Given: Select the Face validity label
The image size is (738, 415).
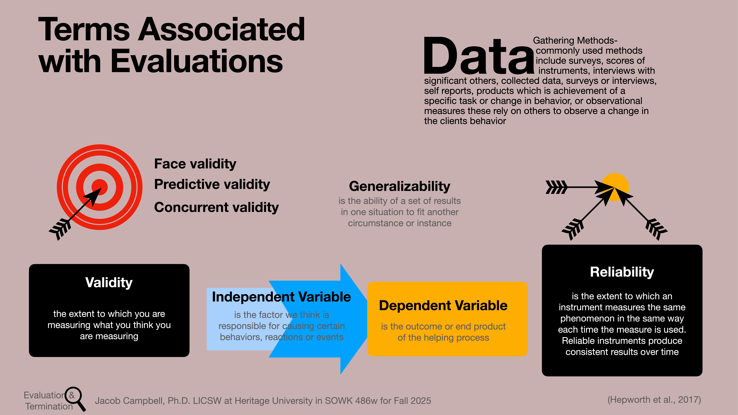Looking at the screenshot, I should tap(195, 164).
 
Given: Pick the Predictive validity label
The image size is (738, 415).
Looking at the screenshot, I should tap(212, 184).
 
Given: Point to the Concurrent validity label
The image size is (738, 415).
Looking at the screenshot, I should tap(216, 207).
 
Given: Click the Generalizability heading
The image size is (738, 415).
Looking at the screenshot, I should tap(399, 186).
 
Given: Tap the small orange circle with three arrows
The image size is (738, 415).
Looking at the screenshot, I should tap(615, 187).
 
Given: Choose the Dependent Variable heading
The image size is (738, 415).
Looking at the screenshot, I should tap(443, 306).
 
